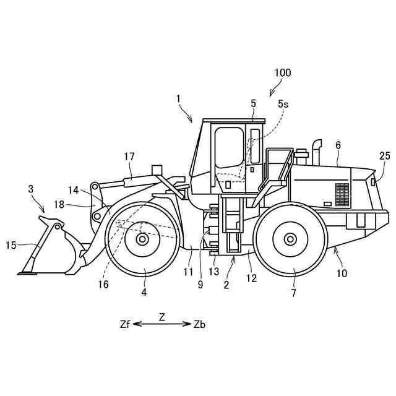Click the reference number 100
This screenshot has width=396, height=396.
(282, 72)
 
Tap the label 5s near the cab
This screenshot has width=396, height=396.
(283, 104)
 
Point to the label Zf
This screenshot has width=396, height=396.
(126, 324)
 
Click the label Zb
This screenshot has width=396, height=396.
(199, 324)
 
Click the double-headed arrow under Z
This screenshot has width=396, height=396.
(162, 324)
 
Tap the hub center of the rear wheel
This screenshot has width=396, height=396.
(290, 239)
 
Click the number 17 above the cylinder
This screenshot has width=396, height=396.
(129, 157)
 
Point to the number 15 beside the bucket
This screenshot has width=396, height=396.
(11, 245)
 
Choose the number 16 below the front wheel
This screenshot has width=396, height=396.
(103, 284)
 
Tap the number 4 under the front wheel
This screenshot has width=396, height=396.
(144, 291)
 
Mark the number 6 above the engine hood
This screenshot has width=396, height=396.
(338, 144)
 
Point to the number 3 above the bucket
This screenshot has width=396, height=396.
(31, 189)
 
